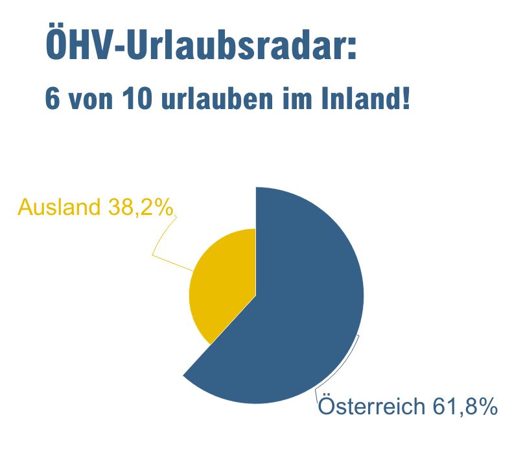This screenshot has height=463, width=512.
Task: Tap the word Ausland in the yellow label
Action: (59, 206)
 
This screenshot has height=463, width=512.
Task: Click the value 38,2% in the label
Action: (141, 207)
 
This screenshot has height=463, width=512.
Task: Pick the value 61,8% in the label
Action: (465, 407)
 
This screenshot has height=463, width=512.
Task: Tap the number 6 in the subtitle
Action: (52, 99)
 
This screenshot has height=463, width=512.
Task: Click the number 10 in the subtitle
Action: (137, 99)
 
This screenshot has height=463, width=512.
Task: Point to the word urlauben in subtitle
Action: (217, 99)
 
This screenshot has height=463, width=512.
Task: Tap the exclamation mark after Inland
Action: (406, 98)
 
